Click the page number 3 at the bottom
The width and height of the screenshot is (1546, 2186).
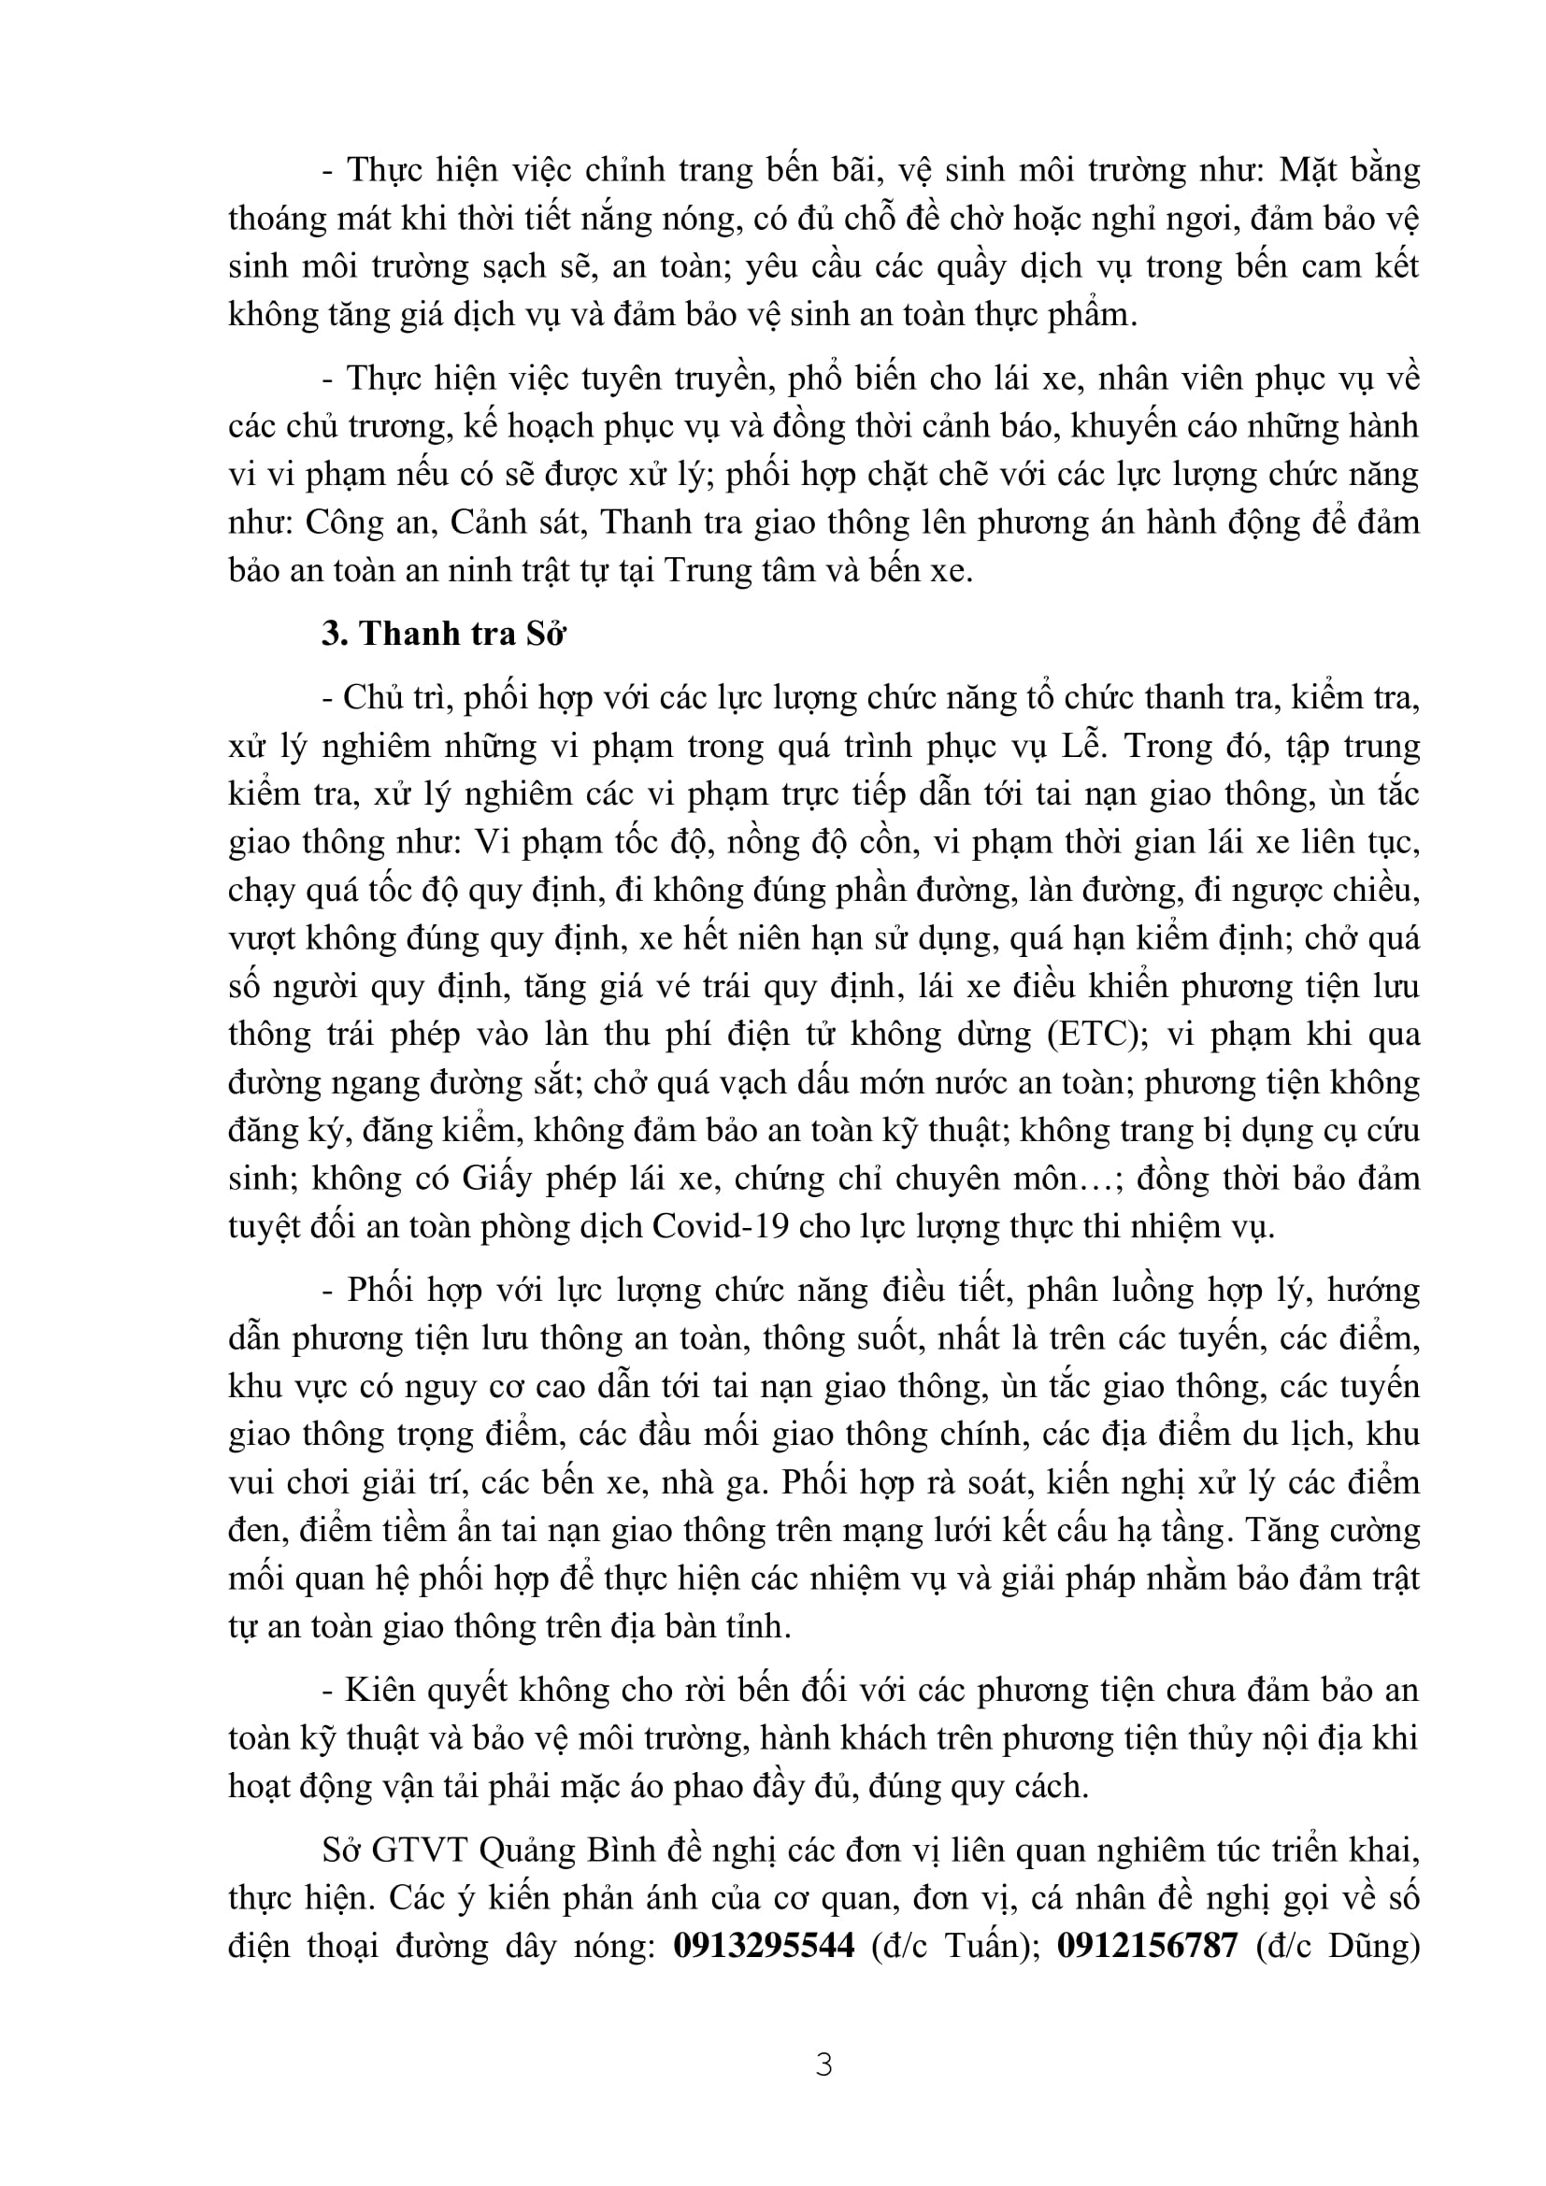pyautogui.click(x=824, y=2065)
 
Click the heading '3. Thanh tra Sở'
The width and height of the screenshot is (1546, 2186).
pyautogui.click(x=444, y=633)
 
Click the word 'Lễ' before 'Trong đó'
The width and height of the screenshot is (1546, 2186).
pyautogui.click(x=1083, y=747)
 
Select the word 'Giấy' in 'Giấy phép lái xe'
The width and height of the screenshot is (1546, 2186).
pyautogui.click(x=495, y=1179)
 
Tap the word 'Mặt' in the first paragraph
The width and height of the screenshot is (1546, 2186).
pyautogui.click(x=1310, y=171)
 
